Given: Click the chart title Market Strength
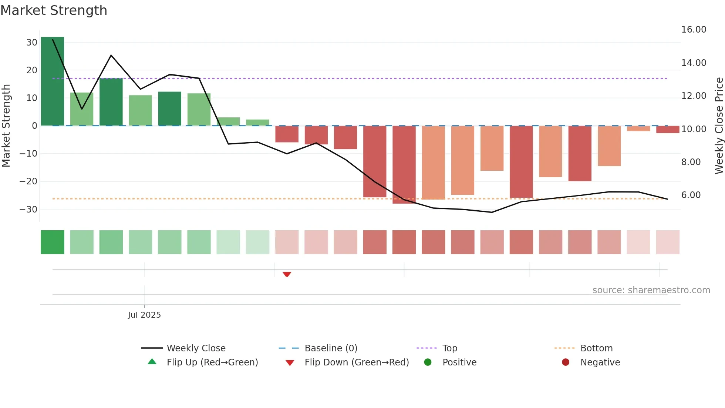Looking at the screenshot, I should click(54, 10).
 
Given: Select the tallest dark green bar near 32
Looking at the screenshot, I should click(53, 81).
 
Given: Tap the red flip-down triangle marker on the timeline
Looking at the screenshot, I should click(287, 274).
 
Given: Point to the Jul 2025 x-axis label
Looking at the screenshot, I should click(144, 315).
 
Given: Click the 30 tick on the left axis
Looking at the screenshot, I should click(32, 43).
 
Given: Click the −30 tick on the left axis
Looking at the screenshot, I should click(28, 209).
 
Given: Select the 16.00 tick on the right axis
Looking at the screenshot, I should click(694, 30).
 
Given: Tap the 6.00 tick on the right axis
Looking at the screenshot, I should click(691, 195).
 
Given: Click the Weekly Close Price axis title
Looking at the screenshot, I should click(719, 126).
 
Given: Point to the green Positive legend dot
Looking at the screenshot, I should click(428, 362).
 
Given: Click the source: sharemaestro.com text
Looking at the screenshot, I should click(651, 290).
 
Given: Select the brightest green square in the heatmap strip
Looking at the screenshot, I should click(53, 242).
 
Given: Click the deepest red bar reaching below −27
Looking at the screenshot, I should click(404, 165).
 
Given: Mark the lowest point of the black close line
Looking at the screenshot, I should click(492, 212).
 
